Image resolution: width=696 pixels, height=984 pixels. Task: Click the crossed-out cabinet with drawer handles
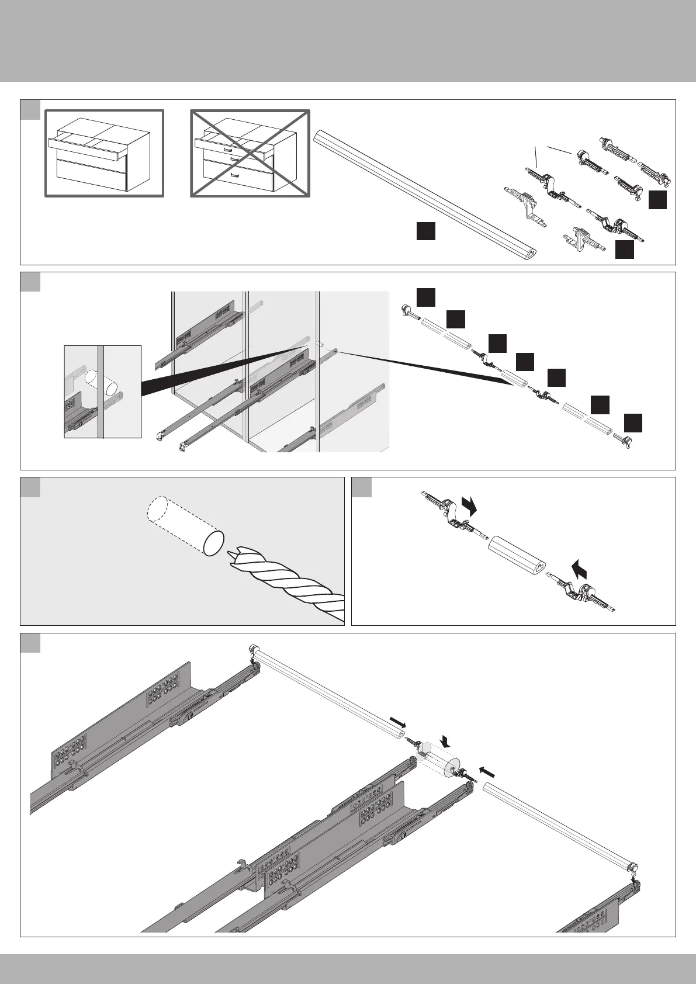pos(250,153)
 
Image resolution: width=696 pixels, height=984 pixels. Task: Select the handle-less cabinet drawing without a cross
pos(105,153)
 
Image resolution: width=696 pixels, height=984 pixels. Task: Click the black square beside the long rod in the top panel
pos(425,231)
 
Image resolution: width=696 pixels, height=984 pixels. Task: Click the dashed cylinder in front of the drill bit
pos(182,525)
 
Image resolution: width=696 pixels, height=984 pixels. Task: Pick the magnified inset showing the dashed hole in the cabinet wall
pos(102,391)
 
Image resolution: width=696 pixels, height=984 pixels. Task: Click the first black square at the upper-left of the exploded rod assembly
pos(426,297)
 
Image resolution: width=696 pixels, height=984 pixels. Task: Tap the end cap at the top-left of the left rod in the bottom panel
pos(254,649)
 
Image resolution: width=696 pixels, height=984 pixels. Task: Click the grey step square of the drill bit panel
pos(30,487)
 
